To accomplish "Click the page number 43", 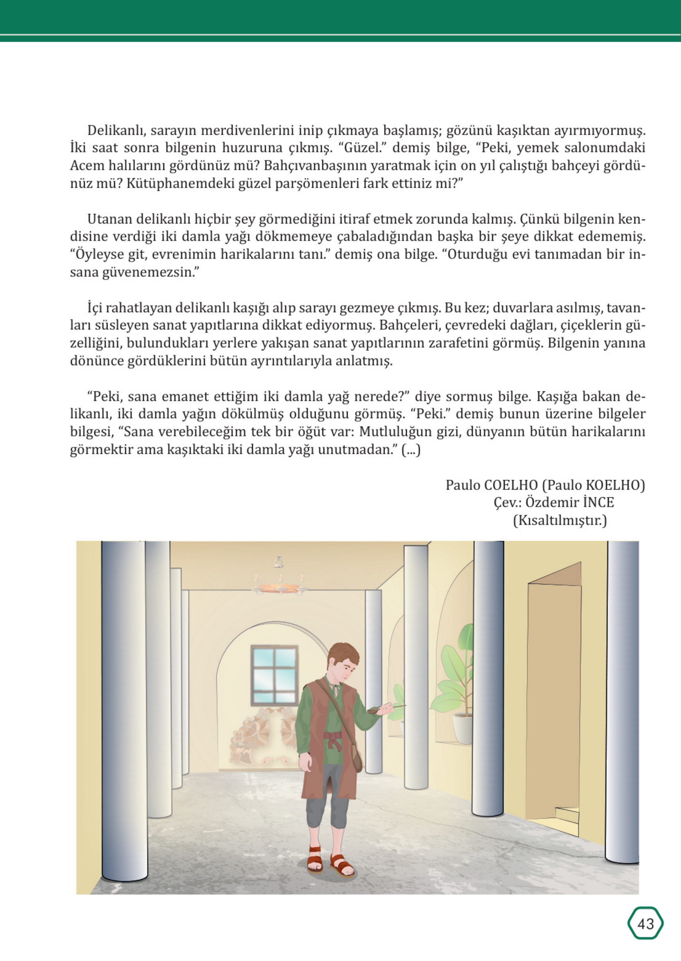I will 645,924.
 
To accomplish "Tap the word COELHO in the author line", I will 510,485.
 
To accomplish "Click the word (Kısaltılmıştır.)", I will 560,521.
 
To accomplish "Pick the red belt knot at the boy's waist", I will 334,741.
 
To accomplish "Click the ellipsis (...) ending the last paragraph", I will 410,450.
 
